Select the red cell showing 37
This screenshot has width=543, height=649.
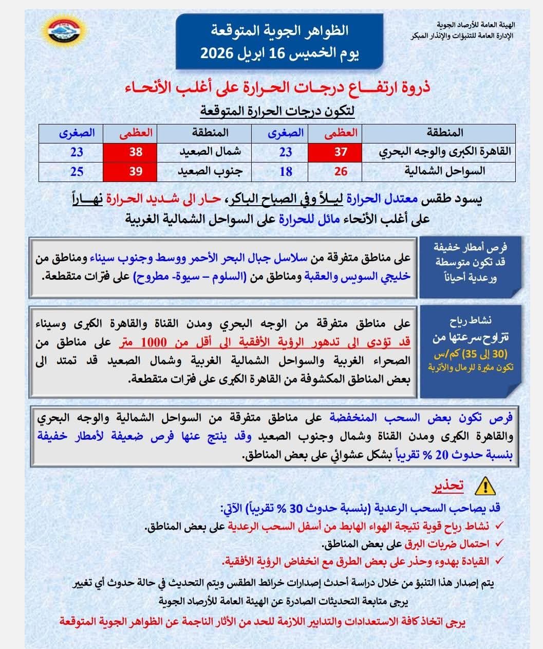(x=341, y=152)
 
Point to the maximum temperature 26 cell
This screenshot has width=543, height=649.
(x=341, y=171)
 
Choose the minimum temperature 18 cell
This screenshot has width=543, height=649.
(x=286, y=171)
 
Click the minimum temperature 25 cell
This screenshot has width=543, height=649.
(x=77, y=171)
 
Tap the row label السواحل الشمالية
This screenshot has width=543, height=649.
(x=452, y=171)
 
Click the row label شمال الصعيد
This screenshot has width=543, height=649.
(x=210, y=152)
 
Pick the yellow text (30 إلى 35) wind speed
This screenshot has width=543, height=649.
(x=478, y=355)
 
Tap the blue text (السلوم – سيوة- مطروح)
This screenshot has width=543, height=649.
(x=189, y=277)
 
